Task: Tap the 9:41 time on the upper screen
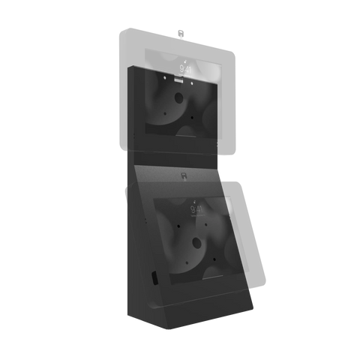tap(185, 68)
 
